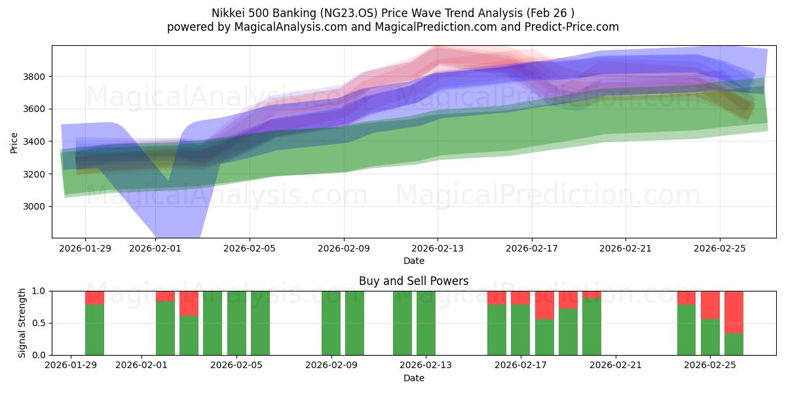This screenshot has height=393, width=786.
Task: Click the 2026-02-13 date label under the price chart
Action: click(438, 248)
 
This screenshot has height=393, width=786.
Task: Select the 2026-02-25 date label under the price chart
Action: click(719, 248)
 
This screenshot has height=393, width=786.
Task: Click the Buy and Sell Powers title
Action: click(413, 281)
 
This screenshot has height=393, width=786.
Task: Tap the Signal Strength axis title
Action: click(22, 323)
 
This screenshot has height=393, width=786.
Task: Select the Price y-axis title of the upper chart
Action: click(14, 141)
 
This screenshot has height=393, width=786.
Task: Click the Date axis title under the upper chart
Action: click(413, 261)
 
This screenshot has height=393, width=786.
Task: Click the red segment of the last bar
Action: click(734, 312)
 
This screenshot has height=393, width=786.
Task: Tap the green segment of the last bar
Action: click(734, 344)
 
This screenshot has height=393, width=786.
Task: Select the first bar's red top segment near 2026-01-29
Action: click(95, 297)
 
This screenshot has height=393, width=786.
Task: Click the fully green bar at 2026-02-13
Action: click(426, 323)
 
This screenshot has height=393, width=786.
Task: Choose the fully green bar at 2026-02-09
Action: click(331, 323)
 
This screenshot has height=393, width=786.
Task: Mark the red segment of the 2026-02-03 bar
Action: click(189, 303)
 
